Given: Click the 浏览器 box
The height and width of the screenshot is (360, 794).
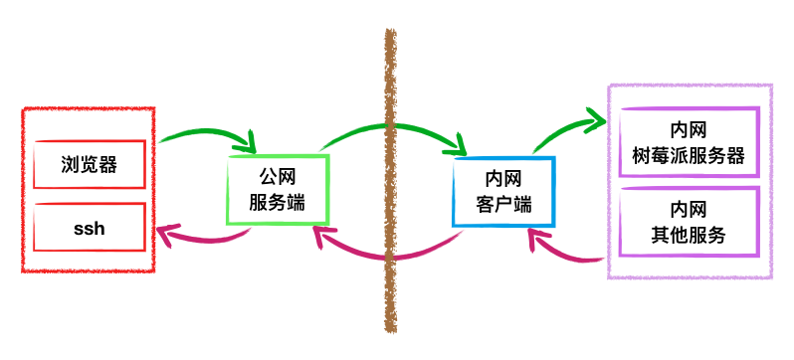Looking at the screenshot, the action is (90, 164).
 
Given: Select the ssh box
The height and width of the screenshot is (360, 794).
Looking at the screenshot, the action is (90, 229).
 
